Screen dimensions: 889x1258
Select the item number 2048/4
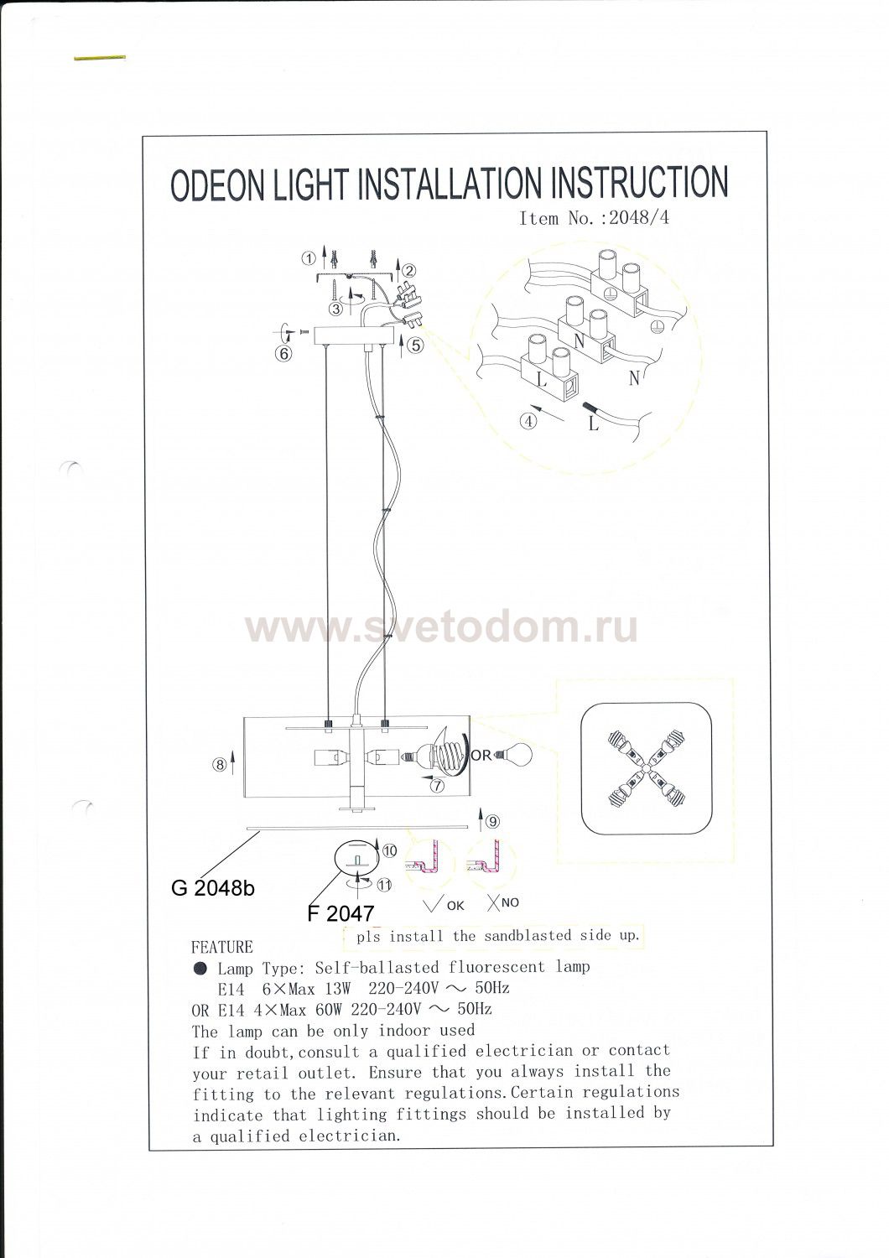(639, 218)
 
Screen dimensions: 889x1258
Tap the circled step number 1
(309, 258)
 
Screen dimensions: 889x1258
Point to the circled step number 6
(284, 354)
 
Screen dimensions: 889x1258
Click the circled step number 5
(416, 346)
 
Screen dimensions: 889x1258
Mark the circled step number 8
(219, 764)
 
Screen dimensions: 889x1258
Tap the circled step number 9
(492, 822)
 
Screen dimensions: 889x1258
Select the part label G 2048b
(213, 888)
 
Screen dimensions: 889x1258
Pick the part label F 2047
(341, 914)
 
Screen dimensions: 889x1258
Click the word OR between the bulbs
(481, 756)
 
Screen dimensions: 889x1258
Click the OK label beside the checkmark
(455, 906)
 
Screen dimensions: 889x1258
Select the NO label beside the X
(510, 902)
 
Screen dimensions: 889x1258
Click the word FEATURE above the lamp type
(221, 948)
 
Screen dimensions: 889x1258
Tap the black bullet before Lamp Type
(200, 968)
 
